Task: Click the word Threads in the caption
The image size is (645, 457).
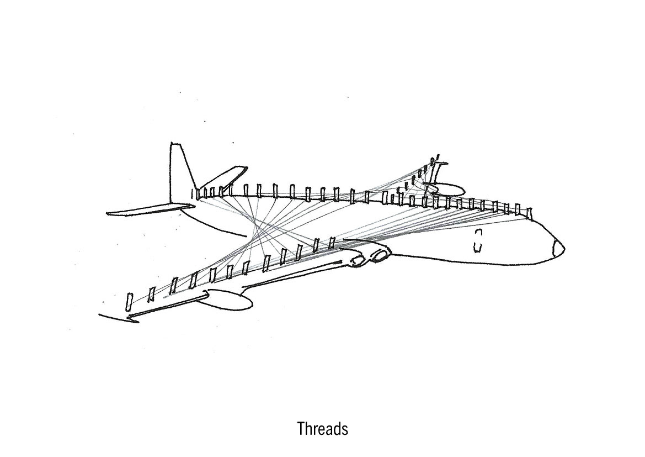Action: [x=323, y=429]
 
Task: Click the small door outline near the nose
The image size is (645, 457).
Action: [x=478, y=240]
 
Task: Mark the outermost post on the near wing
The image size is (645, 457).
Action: [x=130, y=301]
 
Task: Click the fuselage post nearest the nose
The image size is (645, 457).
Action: [x=529, y=212]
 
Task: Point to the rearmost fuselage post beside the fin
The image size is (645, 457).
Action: [x=194, y=193]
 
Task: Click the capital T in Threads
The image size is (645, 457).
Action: [x=301, y=429]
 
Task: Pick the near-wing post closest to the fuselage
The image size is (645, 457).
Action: [x=332, y=242]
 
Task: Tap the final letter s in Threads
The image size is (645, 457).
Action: [x=345, y=430]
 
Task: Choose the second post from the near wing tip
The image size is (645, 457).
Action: [x=151, y=294]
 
